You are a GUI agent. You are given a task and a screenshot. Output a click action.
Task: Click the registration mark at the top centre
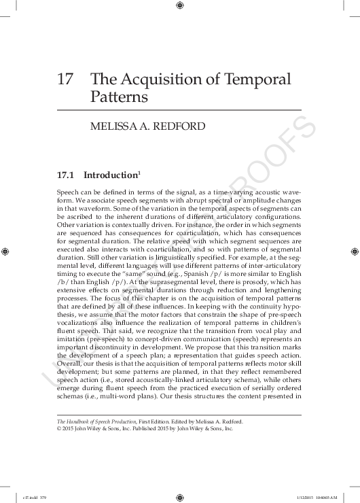(x=180, y=6)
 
